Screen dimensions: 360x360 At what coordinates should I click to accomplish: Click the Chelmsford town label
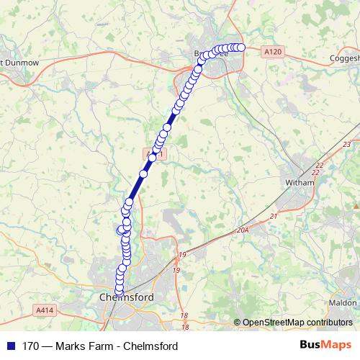[x=127, y=297]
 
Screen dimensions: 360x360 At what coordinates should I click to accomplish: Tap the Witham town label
[x=300, y=183]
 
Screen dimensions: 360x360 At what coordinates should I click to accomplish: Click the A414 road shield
[x=43, y=308]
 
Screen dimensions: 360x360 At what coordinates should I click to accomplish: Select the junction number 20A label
[x=241, y=230]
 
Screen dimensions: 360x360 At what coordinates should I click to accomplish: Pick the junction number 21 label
[x=273, y=216]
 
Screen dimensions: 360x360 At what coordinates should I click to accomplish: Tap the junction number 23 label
[x=347, y=145]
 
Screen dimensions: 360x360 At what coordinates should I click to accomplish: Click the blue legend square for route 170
[x=10, y=346]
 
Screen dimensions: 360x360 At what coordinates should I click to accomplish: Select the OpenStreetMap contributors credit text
[x=297, y=322]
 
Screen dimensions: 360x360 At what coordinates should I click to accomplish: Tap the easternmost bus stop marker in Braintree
[x=241, y=48]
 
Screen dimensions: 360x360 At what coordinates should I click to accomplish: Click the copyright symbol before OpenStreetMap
[x=238, y=322]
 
